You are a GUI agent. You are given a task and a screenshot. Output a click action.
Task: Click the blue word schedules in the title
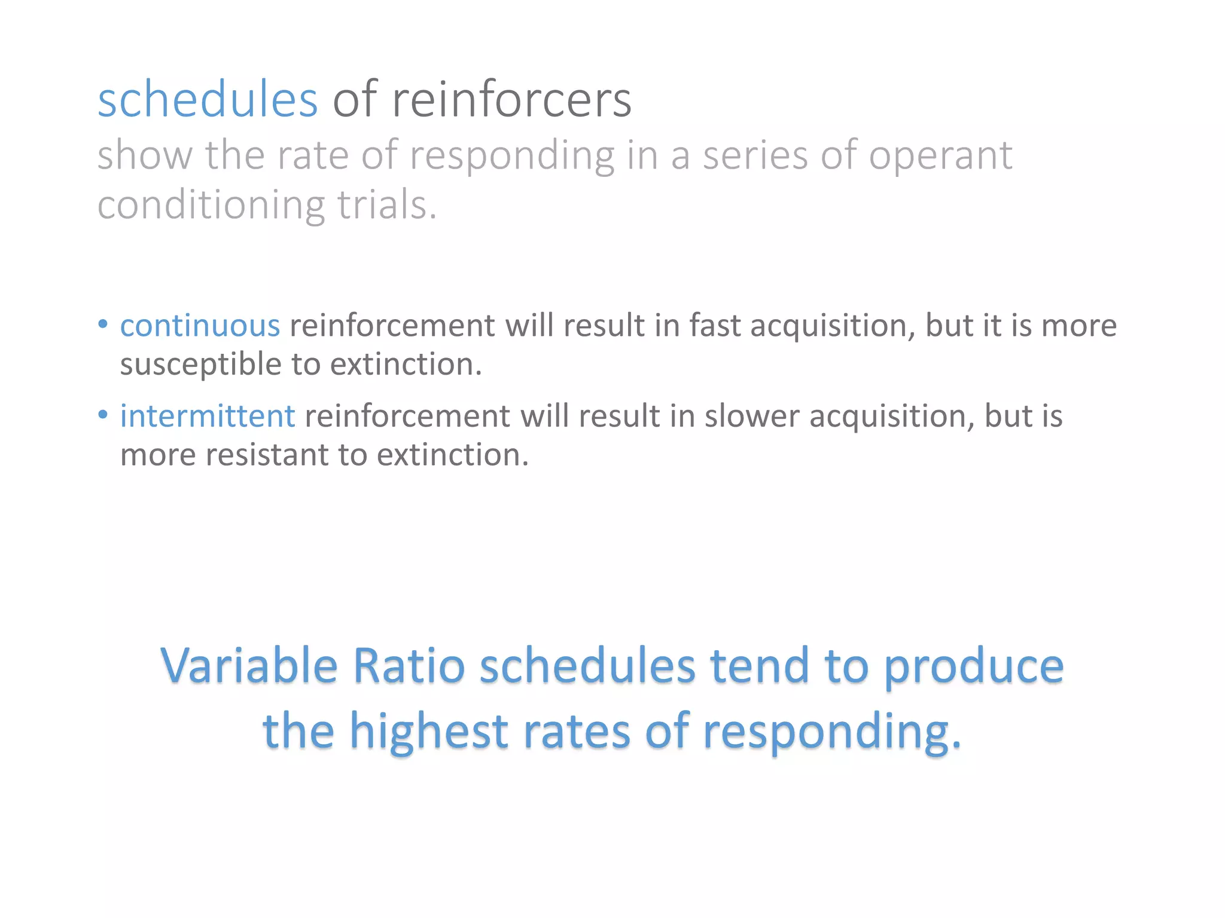(208, 100)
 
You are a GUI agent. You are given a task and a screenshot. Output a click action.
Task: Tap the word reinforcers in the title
(511, 100)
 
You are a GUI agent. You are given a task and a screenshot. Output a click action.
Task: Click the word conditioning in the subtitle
(211, 206)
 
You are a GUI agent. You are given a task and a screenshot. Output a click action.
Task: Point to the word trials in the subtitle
(386, 204)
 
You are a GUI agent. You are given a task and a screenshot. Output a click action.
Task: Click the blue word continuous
(200, 326)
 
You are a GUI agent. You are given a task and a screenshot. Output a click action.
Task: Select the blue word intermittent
(207, 416)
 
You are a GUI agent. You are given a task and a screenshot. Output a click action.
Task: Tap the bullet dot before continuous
(103, 324)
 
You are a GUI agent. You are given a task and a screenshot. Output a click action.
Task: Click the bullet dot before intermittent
(103, 414)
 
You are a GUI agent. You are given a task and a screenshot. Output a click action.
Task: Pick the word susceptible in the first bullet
(200, 365)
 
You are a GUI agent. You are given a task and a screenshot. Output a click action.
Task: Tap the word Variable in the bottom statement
(249, 666)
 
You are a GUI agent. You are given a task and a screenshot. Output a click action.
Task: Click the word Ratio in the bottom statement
(409, 666)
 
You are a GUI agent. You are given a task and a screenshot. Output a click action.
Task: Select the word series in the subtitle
(755, 155)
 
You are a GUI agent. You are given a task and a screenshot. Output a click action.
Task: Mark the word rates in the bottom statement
(577, 732)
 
